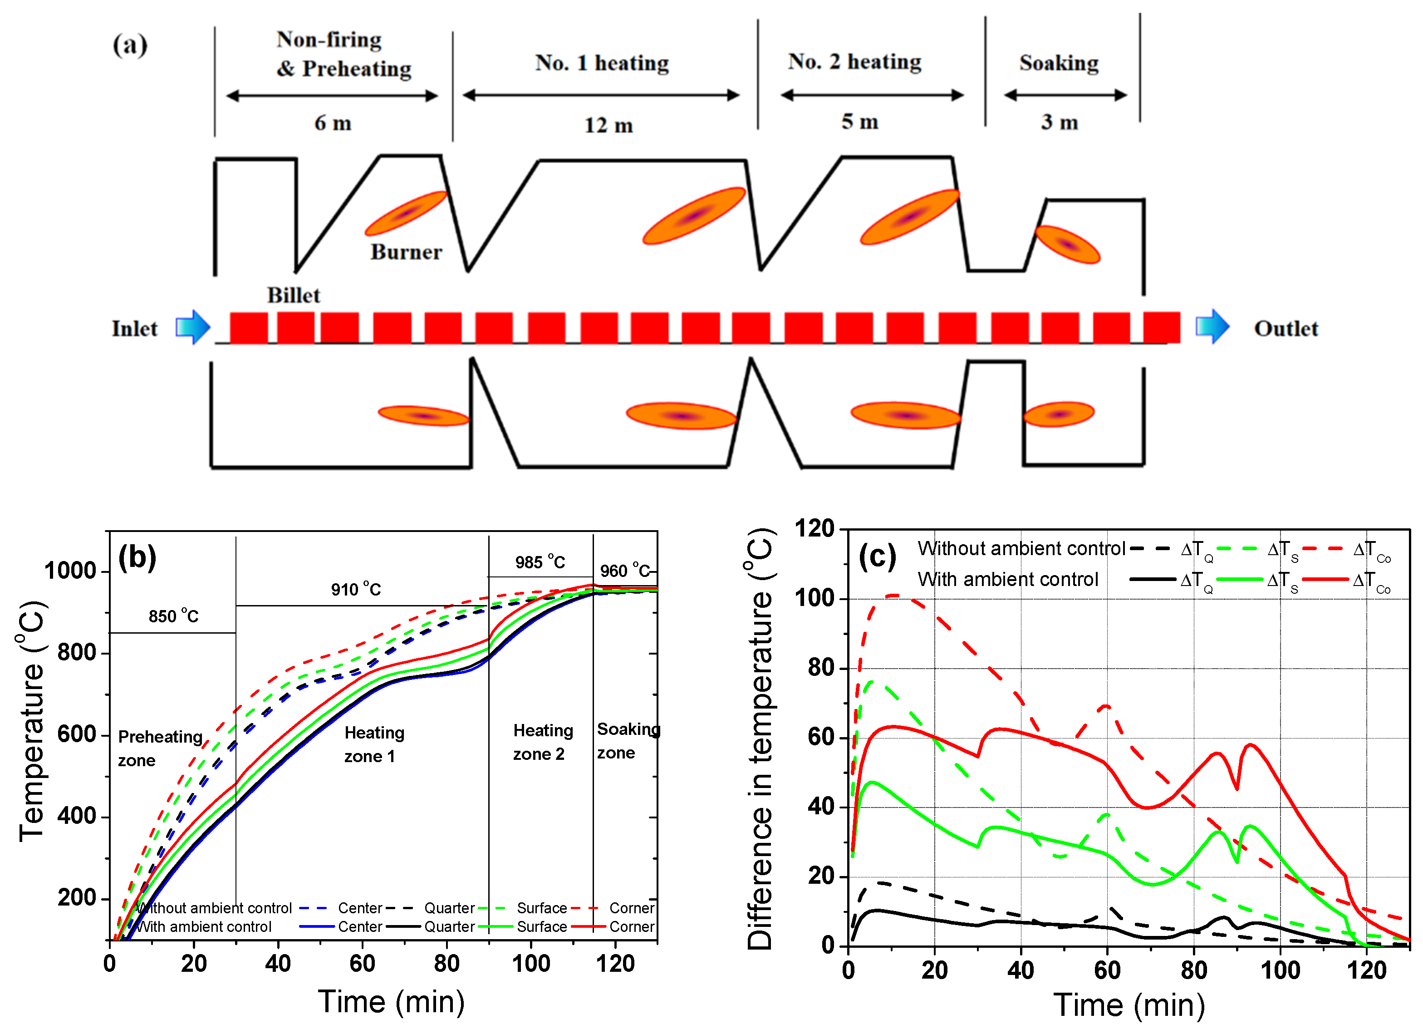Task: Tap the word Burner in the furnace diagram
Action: coord(406,252)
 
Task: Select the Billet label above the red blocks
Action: coord(293,295)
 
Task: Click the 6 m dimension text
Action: coord(333,123)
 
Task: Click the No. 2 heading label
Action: coord(854,62)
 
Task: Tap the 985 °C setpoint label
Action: coord(540,562)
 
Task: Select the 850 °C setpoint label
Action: coord(173,616)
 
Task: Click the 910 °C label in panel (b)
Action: coord(356,589)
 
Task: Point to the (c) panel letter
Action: coord(877,556)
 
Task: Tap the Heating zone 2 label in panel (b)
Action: coord(543,742)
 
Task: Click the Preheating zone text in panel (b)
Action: coord(160,748)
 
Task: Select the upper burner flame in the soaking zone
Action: coord(1067,244)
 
